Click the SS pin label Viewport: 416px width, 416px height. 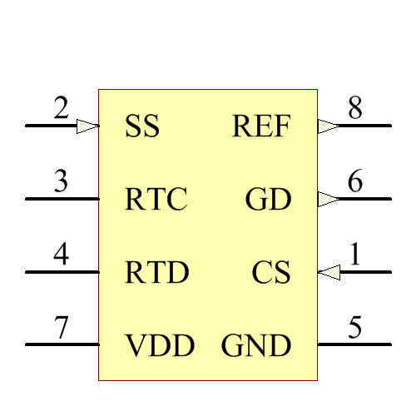pyautogui.click(x=142, y=127)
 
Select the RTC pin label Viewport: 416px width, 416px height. pyautogui.click(x=156, y=201)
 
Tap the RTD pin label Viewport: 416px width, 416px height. pyautogui.click(x=156, y=273)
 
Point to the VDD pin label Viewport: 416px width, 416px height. pyautogui.click(x=160, y=345)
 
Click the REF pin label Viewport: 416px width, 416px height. pyautogui.click(x=261, y=127)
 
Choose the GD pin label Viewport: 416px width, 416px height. pyautogui.click(x=268, y=201)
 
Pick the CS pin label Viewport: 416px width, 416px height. pyautogui.click(x=271, y=273)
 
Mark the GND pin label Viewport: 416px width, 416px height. pyautogui.click(x=256, y=345)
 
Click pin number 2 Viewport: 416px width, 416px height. pyautogui.click(x=61, y=109)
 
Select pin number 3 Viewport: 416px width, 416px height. pyautogui.click(x=61, y=182)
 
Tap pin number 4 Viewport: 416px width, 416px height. pyautogui.click(x=61, y=255)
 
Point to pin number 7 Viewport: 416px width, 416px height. pyautogui.click(x=61, y=328)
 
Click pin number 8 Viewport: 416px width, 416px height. pyautogui.click(x=355, y=109)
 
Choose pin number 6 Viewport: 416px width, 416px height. pyautogui.click(x=355, y=182)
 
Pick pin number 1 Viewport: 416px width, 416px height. pyautogui.click(x=355, y=255)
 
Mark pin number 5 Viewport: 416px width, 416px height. pyautogui.click(x=355, y=328)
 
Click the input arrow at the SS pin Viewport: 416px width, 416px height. pyautogui.click(x=88, y=126)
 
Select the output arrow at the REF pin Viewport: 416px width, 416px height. pyautogui.click(x=329, y=126)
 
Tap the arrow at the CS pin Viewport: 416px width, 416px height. pyautogui.click(x=329, y=272)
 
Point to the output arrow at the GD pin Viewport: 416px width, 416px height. pyautogui.click(x=329, y=200)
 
